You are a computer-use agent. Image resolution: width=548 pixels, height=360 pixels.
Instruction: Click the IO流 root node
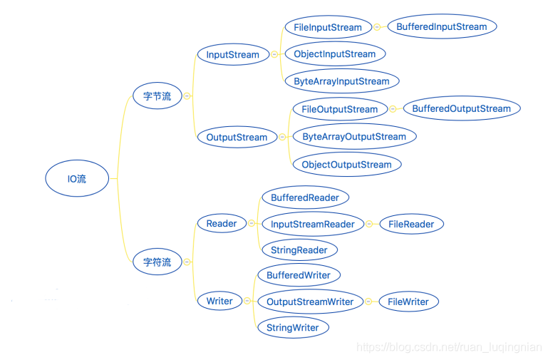77,178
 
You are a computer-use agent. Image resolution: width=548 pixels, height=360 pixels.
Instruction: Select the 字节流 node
157,96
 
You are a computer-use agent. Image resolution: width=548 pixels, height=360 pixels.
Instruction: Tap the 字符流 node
157,262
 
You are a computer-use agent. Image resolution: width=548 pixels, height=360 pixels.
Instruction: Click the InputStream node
233,54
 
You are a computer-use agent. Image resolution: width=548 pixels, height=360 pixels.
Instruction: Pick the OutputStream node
237,137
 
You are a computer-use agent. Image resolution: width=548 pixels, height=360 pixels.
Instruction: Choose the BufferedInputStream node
442,26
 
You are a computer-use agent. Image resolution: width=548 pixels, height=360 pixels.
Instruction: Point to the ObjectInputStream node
335,54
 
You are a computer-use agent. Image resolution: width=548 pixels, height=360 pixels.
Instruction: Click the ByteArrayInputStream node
342,81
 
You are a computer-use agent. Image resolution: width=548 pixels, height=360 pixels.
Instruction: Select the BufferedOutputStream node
462,108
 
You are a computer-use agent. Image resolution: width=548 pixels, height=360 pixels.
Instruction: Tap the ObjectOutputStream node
347,164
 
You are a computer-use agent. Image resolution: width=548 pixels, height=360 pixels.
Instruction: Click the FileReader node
411,224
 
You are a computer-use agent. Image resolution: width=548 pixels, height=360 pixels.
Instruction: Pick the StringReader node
299,250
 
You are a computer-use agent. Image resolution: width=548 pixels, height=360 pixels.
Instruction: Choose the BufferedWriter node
299,275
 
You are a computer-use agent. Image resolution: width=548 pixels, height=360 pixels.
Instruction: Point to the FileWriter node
408,302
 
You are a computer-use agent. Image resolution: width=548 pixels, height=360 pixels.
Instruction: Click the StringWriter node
293,327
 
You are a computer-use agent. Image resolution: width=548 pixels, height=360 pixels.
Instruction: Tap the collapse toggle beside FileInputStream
377,27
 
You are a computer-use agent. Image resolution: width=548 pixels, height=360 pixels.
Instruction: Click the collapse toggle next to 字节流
187,96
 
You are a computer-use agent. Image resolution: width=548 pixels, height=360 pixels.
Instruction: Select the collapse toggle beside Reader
252,223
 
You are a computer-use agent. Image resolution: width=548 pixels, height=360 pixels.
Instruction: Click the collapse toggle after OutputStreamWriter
368,302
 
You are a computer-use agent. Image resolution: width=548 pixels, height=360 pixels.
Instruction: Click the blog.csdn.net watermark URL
449,347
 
